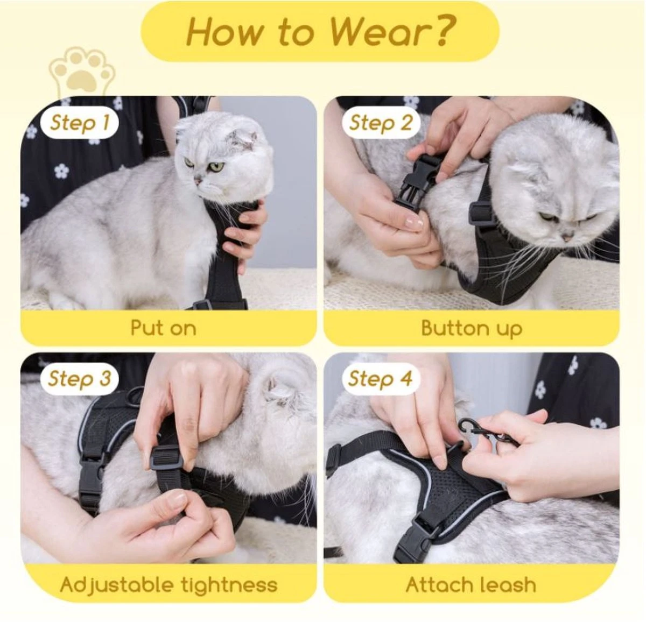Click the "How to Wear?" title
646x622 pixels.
pos(320,32)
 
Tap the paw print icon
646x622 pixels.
pos(83,72)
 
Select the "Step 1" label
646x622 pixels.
pos(79,123)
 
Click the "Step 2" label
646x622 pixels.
pos(381,123)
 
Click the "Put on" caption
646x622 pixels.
pos(164,328)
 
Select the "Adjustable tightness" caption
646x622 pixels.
pos(168,584)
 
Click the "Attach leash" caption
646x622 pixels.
pos(471,584)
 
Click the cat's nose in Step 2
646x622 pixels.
pos(568,236)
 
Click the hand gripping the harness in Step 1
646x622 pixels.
pos(244,232)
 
